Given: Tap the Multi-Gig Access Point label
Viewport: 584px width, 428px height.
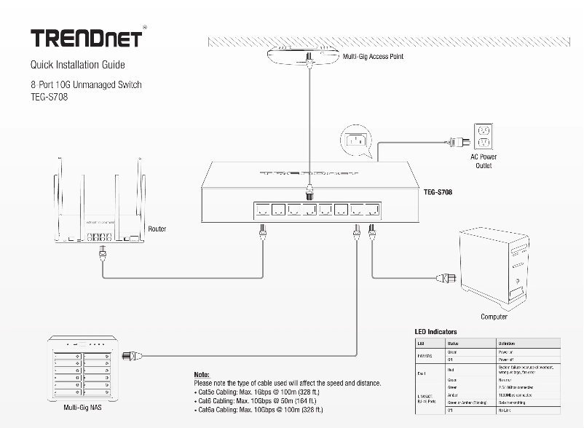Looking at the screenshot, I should pyautogui.click(x=373, y=56).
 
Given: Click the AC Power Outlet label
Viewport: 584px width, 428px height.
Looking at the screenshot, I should pyautogui.click(x=484, y=161).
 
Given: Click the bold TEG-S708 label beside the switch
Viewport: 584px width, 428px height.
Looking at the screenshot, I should pyautogui.click(x=441, y=193).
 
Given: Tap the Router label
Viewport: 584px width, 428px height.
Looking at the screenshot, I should pyautogui.click(x=157, y=229).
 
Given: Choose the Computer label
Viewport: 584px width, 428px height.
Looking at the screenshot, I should pyautogui.click(x=494, y=317).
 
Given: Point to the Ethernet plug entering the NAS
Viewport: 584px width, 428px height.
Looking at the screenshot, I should pyautogui.click(x=132, y=355).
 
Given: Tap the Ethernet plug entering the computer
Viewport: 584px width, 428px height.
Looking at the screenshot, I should pyautogui.click(x=446, y=277).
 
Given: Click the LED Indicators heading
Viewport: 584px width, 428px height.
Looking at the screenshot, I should pyautogui.click(x=436, y=332).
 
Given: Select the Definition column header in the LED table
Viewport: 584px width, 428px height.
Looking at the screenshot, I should pyautogui.click(x=507, y=343).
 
